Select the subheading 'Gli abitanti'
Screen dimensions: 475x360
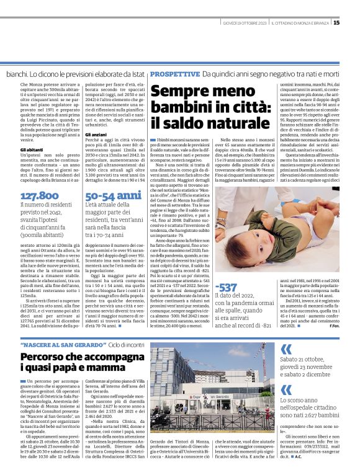(x=32, y=150)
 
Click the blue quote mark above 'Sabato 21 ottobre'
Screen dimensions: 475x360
(x=287, y=348)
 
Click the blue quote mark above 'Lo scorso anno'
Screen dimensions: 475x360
(x=287, y=390)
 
